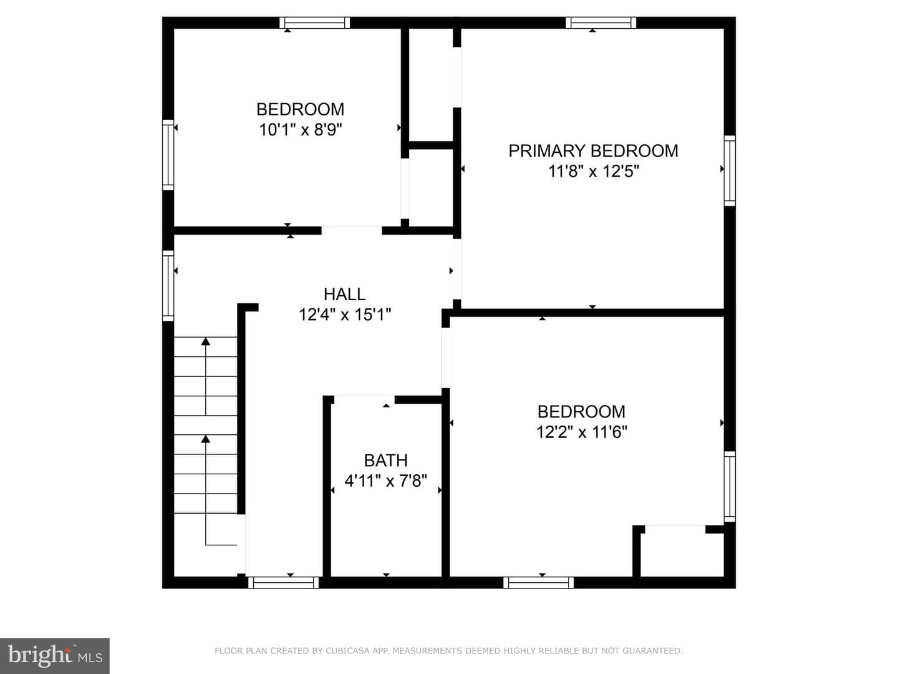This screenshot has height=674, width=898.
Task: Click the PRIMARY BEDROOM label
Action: pos(593,151)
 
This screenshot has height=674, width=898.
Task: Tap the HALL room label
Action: pos(344,294)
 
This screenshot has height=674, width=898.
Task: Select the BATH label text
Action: pos(386,461)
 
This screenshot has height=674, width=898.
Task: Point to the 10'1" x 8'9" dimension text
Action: pos(301,130)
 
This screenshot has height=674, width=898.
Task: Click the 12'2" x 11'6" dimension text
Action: pos(581,432)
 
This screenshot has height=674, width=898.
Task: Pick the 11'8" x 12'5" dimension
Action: pos(593,172)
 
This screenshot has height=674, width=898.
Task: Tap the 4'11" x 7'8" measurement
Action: pos(386,481)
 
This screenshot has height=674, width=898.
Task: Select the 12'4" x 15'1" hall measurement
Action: pos(344,315)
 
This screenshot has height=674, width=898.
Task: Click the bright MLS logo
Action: pos(55,656)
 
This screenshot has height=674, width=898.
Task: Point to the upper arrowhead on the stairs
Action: pos(205,341)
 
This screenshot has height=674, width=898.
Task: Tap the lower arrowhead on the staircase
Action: pos(205,439)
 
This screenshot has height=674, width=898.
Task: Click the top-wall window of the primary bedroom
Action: pos(601,22)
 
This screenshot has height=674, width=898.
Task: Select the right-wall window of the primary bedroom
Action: pos(730,170)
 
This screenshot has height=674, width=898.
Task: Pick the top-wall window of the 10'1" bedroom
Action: pos(314,22)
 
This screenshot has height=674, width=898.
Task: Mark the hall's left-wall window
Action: pos(168,286)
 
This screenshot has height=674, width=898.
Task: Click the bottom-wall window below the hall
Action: pos(284,582)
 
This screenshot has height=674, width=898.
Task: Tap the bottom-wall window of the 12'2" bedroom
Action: pos(538,582)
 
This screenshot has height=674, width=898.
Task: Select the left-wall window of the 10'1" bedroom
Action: pos(168,155)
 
